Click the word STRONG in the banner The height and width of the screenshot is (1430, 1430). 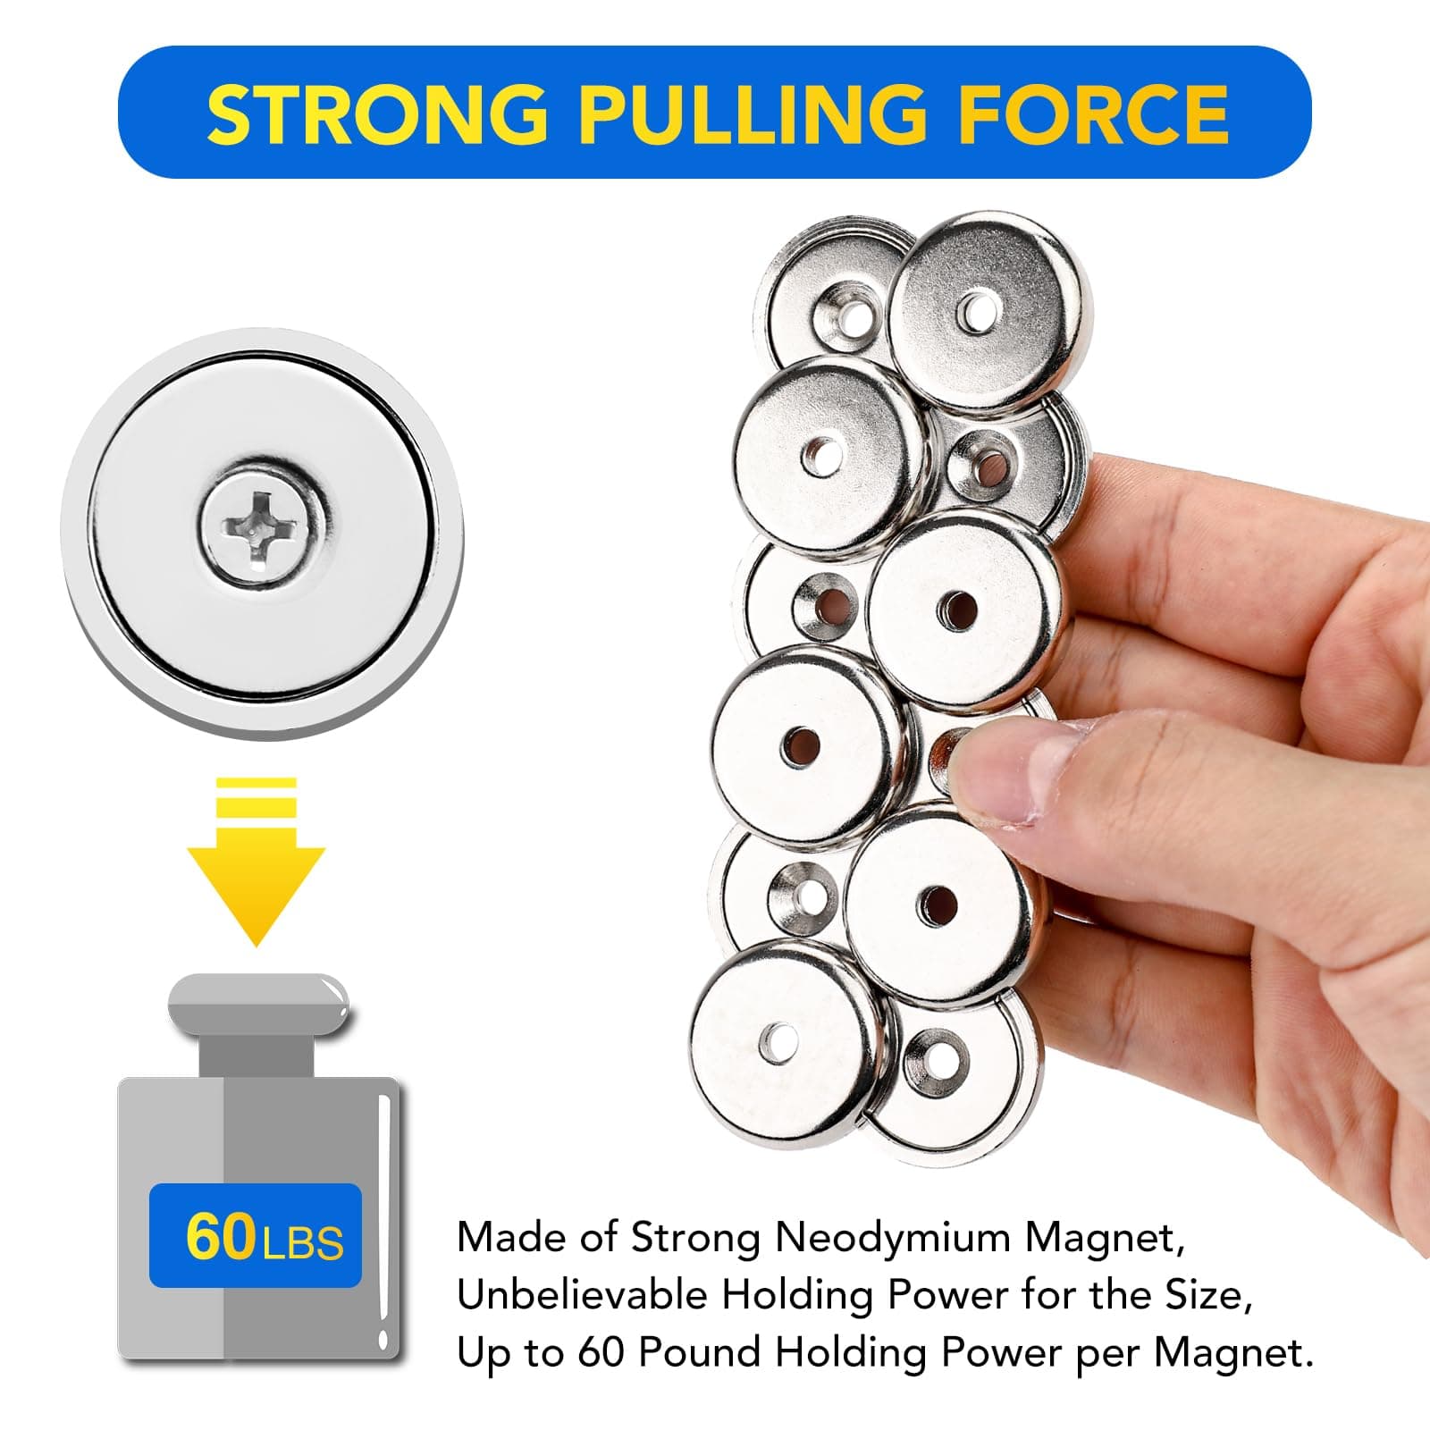[x=376, y=114]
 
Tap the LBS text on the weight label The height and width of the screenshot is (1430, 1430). [x=304, y=1242]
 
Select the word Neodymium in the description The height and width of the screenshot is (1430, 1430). [x=893, y=1239]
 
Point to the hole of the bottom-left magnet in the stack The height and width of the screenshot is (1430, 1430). [x=777, y=1040]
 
